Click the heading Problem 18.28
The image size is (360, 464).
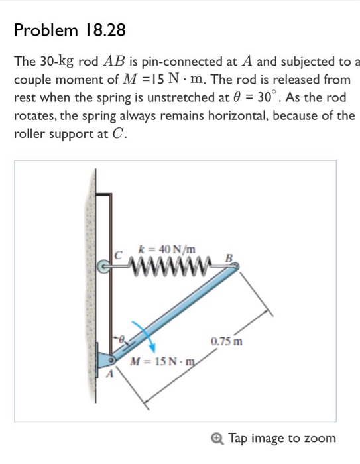(x=70, y=30)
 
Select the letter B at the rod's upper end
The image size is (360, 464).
(x=229, y=257)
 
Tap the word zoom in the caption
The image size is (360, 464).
(x=321, y=438)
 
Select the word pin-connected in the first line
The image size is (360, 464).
(x=179, y=62)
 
